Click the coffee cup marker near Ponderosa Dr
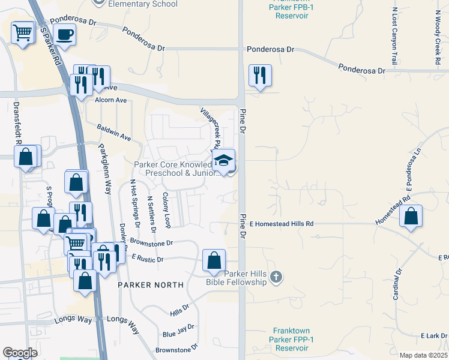[x=64, y=35]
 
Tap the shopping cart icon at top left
[x=23, y=32]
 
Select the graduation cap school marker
[x=223, y=161]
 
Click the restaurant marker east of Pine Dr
[x=260, y=75]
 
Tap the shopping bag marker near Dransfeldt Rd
[x=26, y=157]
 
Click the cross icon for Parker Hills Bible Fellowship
[x=276, y=277]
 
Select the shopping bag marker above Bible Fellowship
[x=214, y=260]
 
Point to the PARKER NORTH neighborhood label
[x=150, y=285]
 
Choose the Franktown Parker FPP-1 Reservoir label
[x=291, y=339]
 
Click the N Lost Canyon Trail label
[x=394, y=37]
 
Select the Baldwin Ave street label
[x=114, y=132]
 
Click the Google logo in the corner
[x=20, y=353]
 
